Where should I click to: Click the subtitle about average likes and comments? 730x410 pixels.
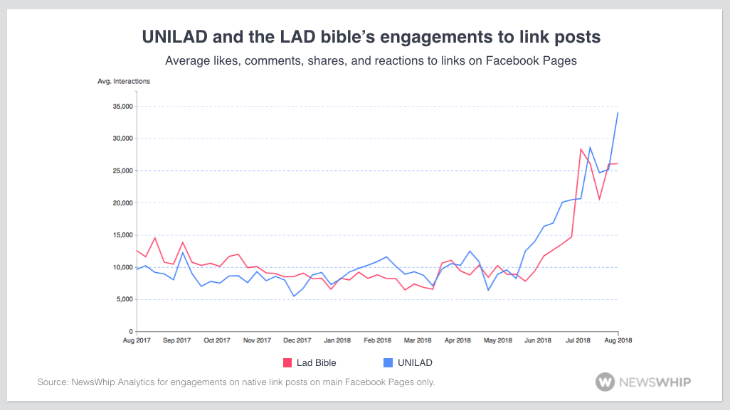[371, 61]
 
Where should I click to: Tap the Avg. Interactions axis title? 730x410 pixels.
[124, 81]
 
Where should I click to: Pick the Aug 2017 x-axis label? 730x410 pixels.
[136, 340]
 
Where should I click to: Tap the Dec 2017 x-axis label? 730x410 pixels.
[297, 340]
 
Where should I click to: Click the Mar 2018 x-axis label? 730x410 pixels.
[417, 340]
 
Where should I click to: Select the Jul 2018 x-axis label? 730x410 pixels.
[578, 340]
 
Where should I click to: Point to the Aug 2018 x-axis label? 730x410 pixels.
[617, 340]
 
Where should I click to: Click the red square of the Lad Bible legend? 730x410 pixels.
[288, 363]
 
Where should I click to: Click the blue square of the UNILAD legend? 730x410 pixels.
[388, 363]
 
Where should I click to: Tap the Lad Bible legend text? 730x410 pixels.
[316, 363]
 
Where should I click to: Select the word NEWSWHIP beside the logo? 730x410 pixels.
[655, 382]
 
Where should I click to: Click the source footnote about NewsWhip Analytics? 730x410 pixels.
[236, 382]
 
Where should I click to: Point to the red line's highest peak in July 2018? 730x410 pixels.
[581, 149]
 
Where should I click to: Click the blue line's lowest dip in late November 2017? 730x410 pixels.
[294, 296]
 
